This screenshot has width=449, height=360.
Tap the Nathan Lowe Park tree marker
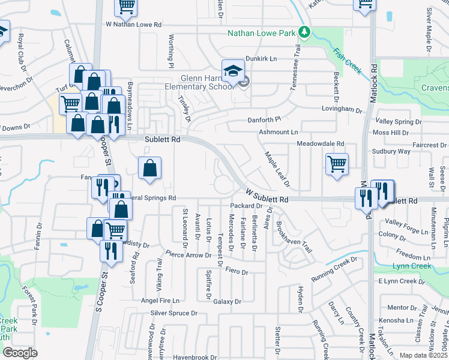tap(304, 32)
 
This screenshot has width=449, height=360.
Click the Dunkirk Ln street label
tap(261, 59)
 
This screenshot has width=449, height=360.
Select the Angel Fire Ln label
tap(160, 300)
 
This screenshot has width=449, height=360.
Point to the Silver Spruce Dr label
tap(174, 313)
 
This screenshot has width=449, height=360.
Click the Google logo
tap(20, 353)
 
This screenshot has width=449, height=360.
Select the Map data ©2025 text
tap(424, 355)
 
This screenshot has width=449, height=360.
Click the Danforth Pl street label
tap(265, 120)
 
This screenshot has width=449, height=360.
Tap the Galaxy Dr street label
tap(227, 301)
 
